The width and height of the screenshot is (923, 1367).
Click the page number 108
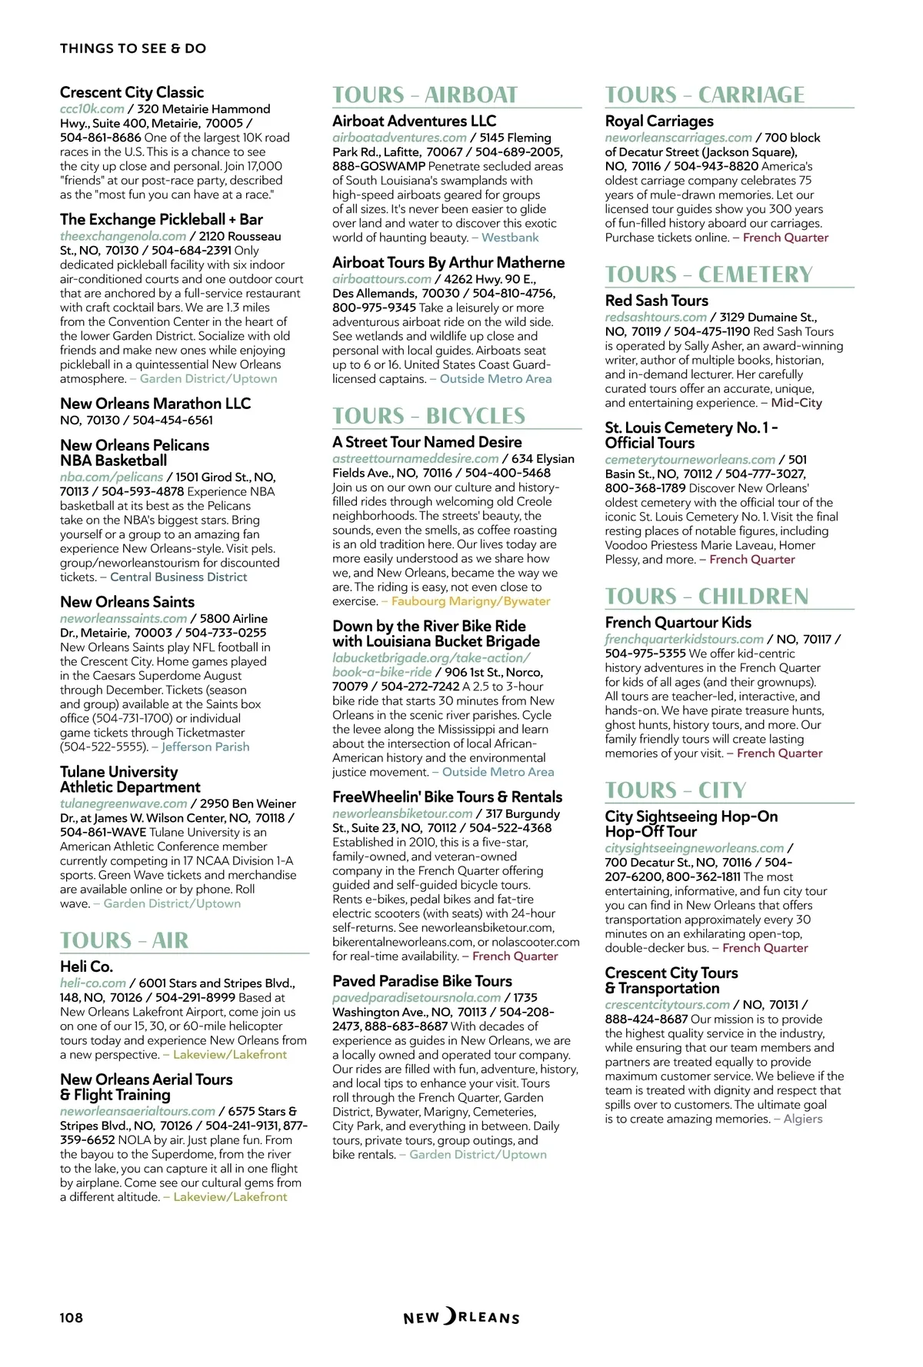pos(72,1317)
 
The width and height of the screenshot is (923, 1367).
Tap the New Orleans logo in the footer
pos(461,1317)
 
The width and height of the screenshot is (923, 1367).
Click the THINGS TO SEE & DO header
pos(133,48)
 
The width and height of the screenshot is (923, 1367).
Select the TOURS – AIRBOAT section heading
pos(425,95)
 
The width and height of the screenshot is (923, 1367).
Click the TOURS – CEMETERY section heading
pos(708,274)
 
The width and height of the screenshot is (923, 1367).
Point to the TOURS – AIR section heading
pos(125,940)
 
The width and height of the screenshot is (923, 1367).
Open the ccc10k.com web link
pos(92,109)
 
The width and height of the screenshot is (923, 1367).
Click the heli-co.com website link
pos(93,983)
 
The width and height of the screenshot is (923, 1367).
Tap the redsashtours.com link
pos(655,317)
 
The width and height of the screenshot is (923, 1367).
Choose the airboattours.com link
pos(382,279)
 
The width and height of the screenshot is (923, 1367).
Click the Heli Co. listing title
pos(87,966)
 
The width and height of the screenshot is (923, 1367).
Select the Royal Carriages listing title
pos(659,121)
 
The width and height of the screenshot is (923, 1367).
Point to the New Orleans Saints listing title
pos(128,602)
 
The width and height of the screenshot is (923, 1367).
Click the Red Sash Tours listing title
pos(657,301)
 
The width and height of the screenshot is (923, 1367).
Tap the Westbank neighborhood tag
pos(510,238)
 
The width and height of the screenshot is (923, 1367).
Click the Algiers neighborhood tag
pos(803,1119)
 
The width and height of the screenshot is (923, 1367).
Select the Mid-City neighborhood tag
pos(797,403)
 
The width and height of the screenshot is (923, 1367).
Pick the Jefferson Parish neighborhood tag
pos(205,747)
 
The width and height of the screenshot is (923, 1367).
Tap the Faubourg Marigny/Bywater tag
pos(471,601)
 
